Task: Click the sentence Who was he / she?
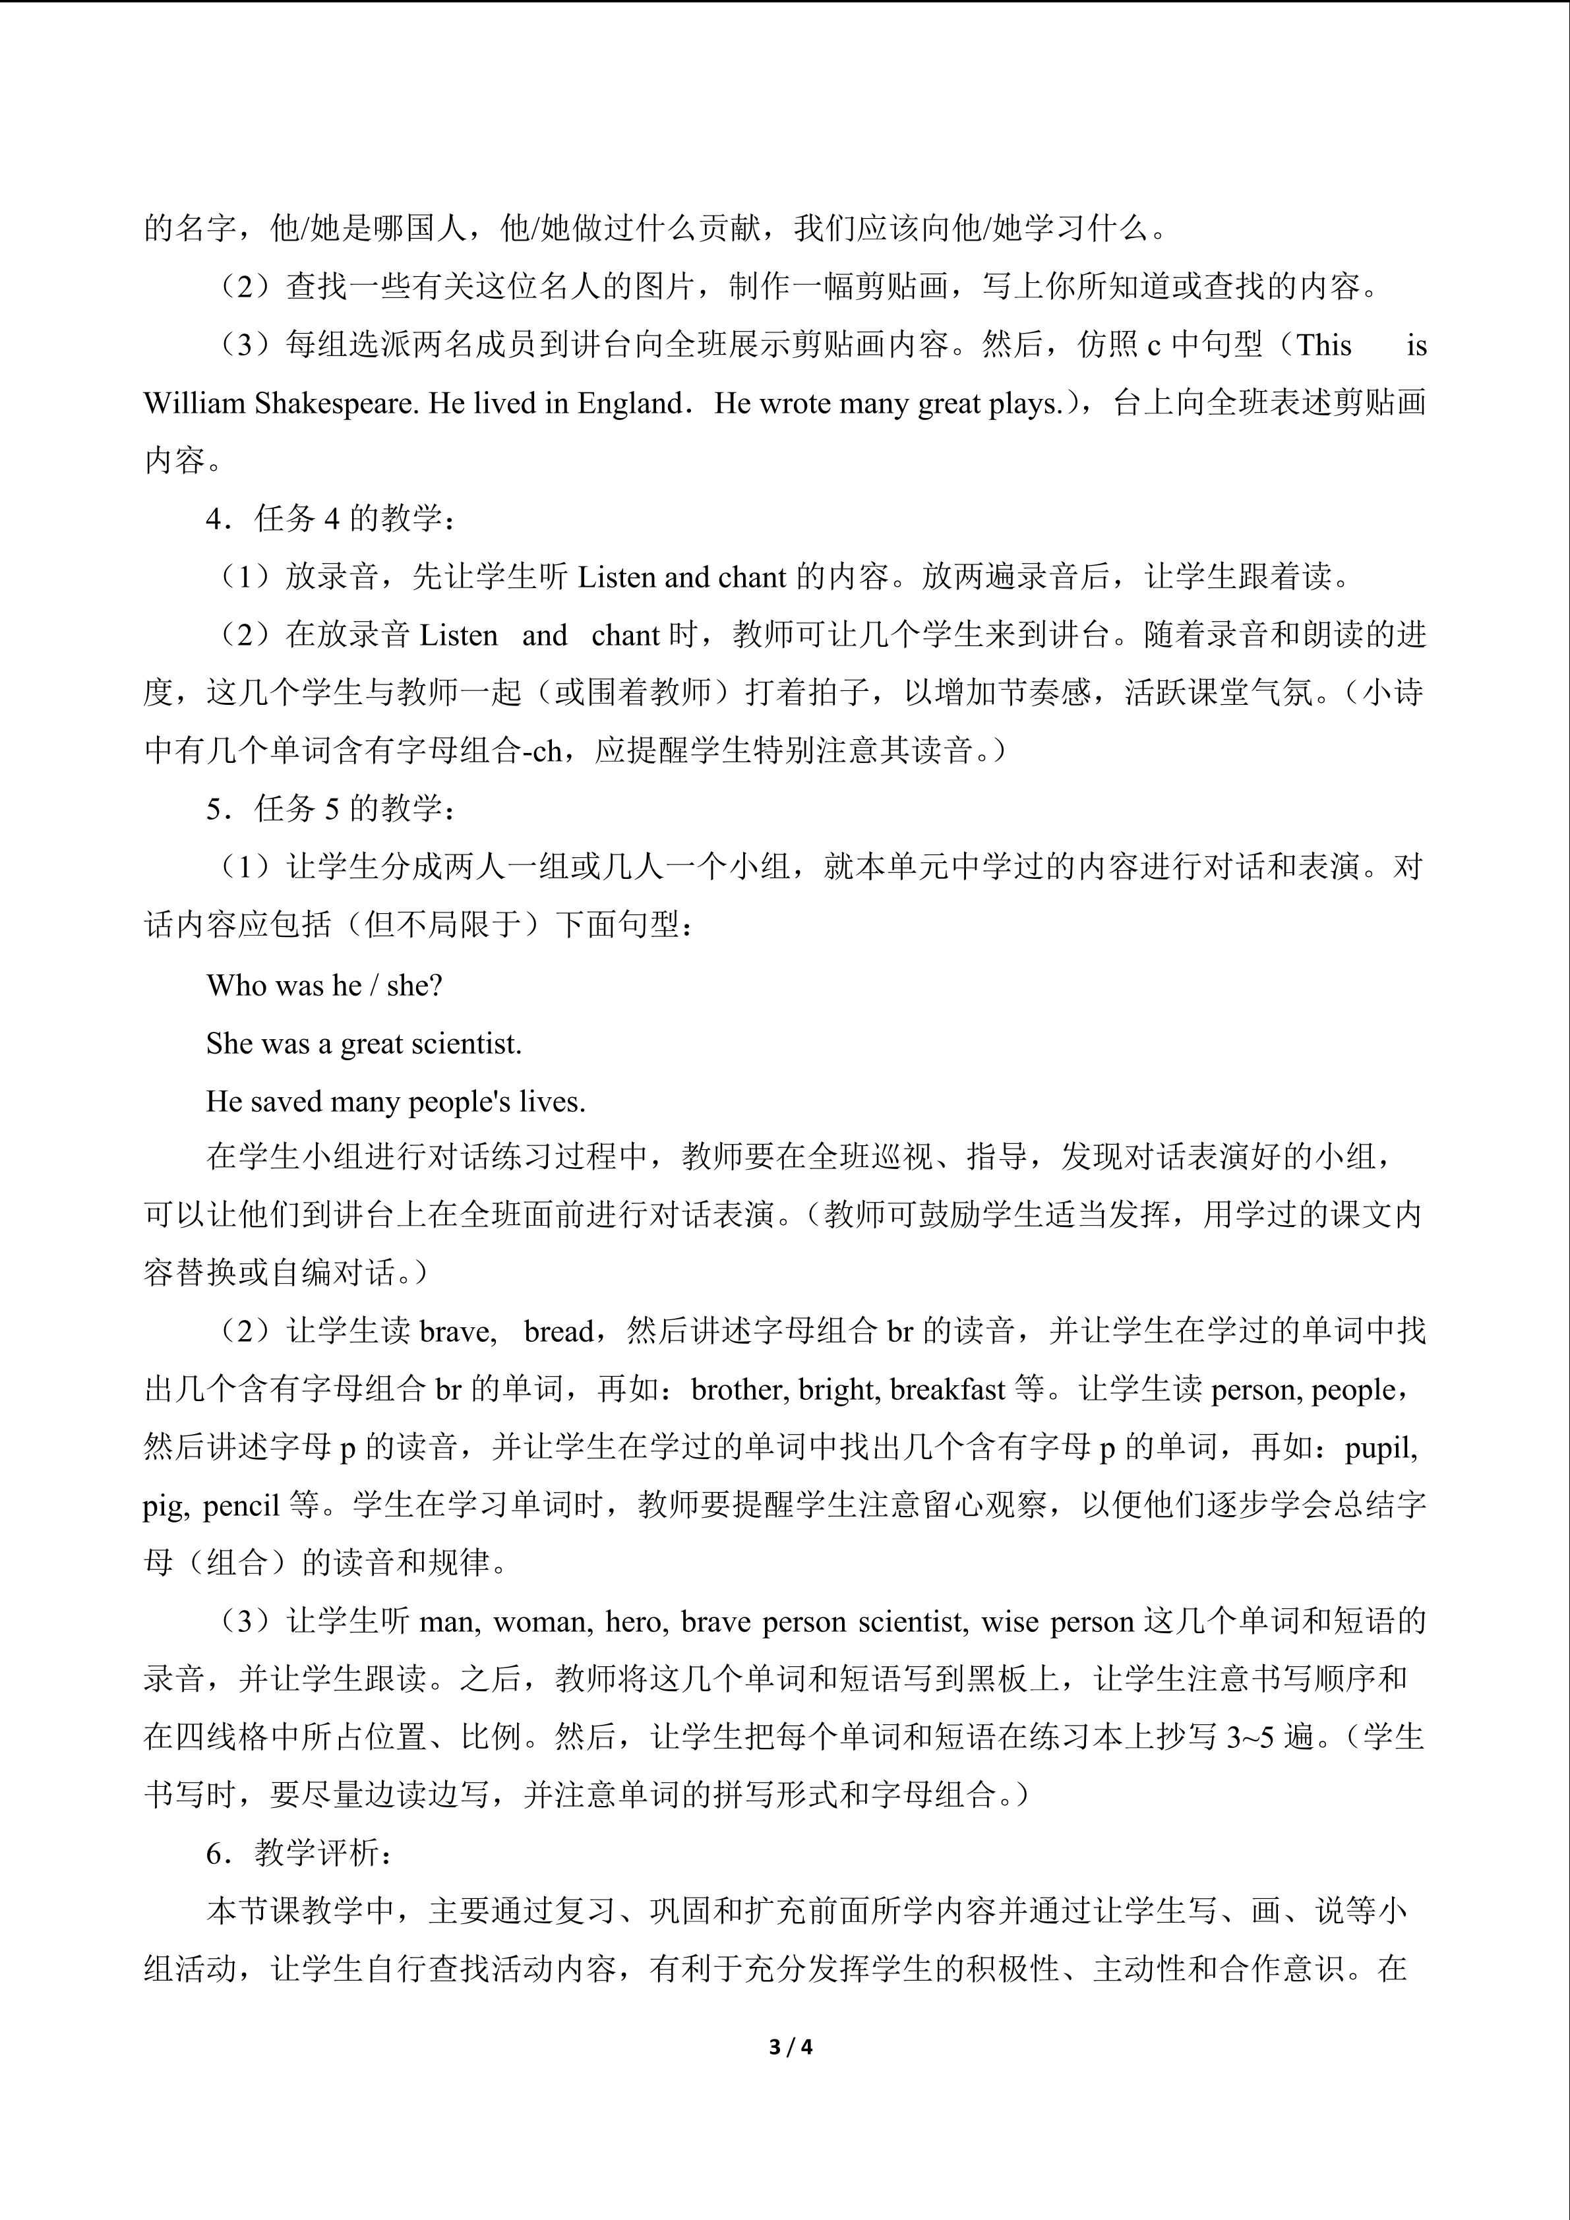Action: pyautogui.click(x=324, y=985)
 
